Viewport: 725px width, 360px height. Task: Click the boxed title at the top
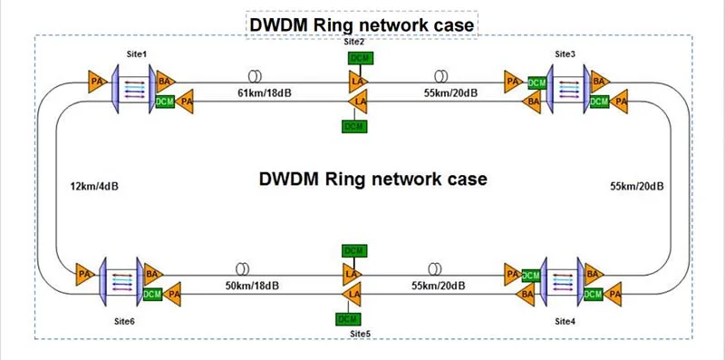tap(362, 24)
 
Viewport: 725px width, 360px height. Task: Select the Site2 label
tap(354, 41)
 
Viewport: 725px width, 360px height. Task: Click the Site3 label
tap(565, 54)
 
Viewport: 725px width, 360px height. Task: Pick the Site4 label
tap(565, 322)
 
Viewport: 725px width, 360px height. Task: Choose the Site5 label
tap(360, 334)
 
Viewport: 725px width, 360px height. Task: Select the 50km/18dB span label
tap(252, 287)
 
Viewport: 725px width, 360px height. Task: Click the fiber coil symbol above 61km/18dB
tap(255, 75)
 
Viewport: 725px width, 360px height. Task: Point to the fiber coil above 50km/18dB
tap(243, 269)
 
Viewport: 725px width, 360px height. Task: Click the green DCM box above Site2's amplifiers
tap(359, 58)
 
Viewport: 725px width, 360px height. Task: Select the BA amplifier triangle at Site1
tap(165, 81)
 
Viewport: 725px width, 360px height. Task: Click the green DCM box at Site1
tap(165, 102)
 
